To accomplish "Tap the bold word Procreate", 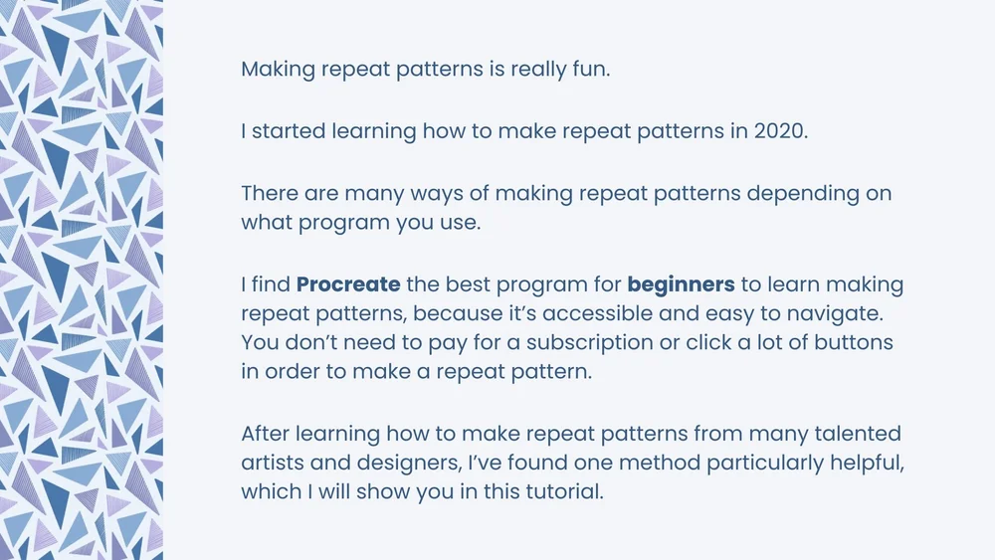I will (348, 285).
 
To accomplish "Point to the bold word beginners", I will (681, 285).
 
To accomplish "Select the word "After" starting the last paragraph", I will (267, 435).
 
